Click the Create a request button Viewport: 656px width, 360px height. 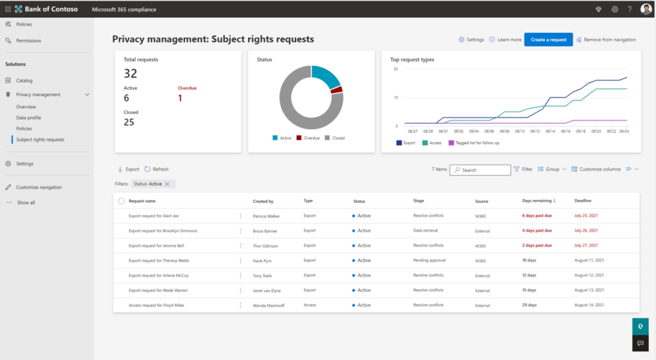coord(548,40)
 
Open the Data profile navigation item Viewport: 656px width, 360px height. coord(29,118)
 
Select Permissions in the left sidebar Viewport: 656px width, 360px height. coord(29,40)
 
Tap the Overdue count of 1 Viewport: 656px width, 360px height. coord(180,98)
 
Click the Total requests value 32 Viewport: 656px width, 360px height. coord(130,74)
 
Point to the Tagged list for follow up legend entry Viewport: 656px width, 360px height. coord(477,143)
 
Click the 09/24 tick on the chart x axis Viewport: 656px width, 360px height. coord(623,131)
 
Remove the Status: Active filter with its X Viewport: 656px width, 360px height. coord(167,184)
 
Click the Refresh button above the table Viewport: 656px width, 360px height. coord(156,169)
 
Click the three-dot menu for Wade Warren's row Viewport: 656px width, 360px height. coord(241,290)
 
